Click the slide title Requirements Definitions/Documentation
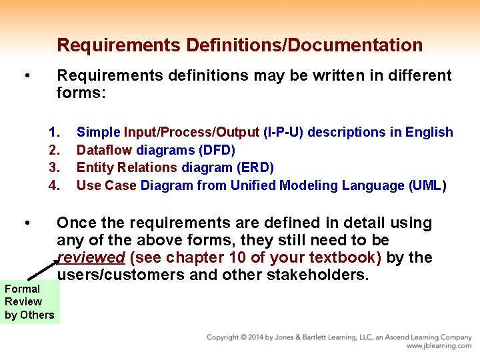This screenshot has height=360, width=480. [239, 45]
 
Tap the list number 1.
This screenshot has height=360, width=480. [54, 132]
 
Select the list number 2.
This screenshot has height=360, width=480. [54, 150]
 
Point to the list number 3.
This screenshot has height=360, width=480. [54, 167]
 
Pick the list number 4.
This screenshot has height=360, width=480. [54, 185]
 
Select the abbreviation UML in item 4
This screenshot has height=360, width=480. [427, 185]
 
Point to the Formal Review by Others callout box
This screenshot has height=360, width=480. [29, 302]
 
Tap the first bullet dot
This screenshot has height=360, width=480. [25, 75]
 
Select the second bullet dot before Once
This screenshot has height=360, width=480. [25, 223]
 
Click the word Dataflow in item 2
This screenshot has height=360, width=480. [104, 150]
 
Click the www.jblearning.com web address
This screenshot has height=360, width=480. [439, 346]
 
